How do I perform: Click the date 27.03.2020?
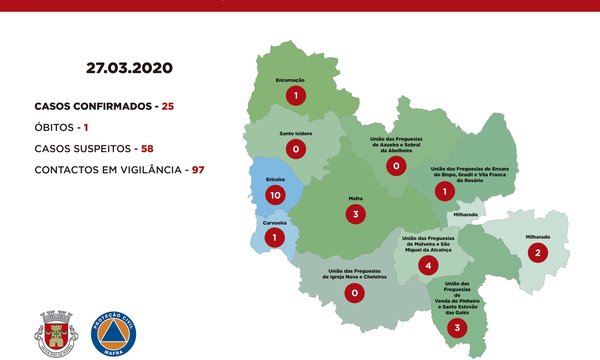tap(129, 69)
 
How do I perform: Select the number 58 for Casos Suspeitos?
tap(146, 148)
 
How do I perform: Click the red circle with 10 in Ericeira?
tap(275, 196)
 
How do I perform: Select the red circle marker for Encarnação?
tap(295, 96)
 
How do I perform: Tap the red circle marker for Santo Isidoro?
tap(295, 149)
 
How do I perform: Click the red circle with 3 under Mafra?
tap(353, 214)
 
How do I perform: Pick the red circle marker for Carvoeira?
tap(276, 238)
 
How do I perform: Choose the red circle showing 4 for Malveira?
tap(428, 265)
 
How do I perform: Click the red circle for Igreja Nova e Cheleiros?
tap(353, 293)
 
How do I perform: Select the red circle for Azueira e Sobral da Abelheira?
tap(397, 165)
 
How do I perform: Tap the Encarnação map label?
tap(291, 78)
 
